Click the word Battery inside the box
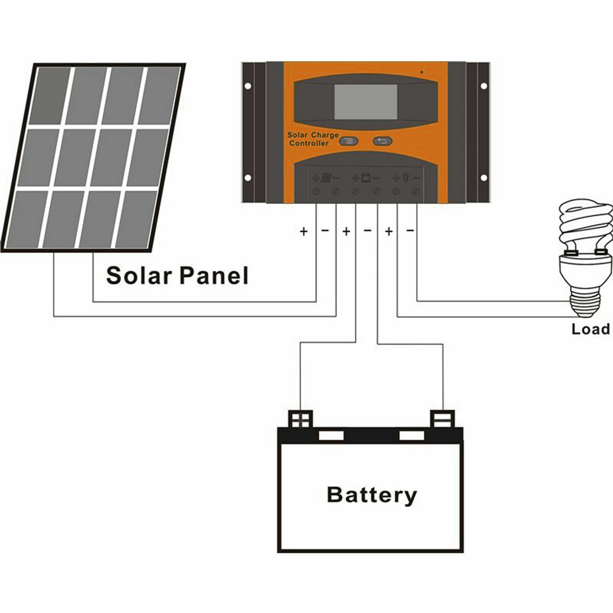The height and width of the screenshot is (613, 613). point(372,495)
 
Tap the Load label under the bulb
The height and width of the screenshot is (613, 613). point(590,329)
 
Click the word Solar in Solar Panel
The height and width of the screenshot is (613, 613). point(139,275)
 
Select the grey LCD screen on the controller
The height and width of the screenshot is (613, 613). point(366,102)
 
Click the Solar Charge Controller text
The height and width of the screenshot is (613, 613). point(312,139)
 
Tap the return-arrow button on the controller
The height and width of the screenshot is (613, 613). point(382,141)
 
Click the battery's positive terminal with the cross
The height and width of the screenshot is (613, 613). point(300,419)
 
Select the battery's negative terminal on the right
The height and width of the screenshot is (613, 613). point(443,419)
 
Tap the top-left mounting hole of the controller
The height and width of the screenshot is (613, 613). point(248,86)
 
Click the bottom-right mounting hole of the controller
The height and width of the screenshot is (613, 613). point(484,178)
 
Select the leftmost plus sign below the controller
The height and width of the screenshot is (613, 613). point(303,231)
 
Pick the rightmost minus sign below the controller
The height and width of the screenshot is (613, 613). point(410,231)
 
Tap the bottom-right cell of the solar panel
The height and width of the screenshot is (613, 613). point(136,219)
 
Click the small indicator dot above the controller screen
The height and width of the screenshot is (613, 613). point(422,72)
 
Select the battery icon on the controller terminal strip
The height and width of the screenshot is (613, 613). point(366,178)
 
